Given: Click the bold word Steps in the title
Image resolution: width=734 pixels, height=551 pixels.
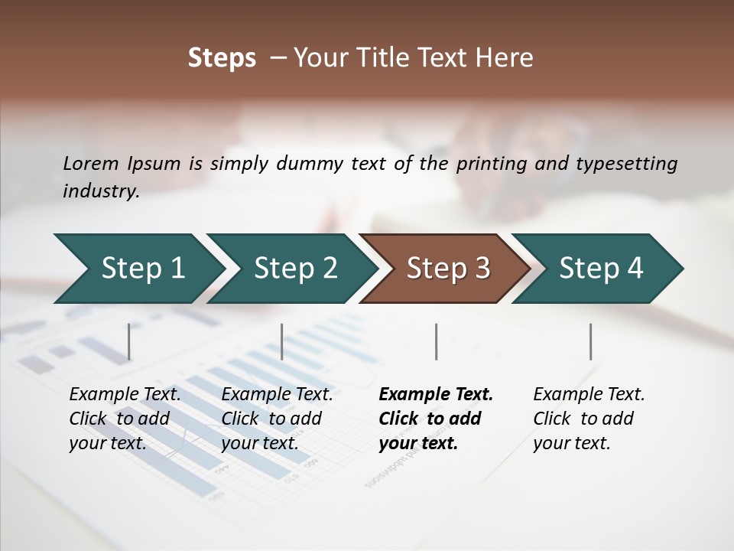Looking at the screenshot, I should coord(222,58).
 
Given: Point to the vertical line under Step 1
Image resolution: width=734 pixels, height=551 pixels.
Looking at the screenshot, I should coord(129,341).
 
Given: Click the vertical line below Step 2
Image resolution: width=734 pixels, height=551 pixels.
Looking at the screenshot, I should coord(282,341).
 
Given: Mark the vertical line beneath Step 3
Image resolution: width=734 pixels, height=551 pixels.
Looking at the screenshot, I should coord(436,341).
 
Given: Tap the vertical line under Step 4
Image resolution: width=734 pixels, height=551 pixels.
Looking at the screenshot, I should coord(591,341).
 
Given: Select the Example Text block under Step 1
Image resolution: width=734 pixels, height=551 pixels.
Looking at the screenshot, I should coord(125,419).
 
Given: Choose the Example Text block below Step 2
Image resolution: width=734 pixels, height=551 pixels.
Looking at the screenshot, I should coord(277,419).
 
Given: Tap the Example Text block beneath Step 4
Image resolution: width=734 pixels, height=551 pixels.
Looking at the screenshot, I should coord(589,419).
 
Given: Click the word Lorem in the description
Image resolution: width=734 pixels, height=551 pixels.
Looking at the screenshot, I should coord(91,164).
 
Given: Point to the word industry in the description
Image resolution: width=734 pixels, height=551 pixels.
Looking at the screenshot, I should coord(101,191).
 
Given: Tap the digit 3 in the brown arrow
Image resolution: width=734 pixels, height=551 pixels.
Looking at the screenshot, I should coord(482,269).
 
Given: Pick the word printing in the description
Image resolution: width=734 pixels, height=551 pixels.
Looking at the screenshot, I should coord(491,164).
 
